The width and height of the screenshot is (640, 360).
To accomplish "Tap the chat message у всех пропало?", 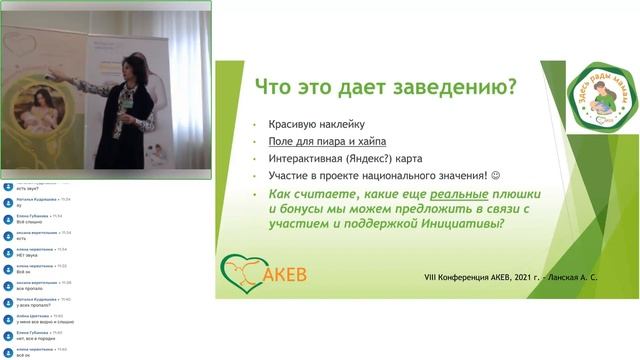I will [x=32, y=303].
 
